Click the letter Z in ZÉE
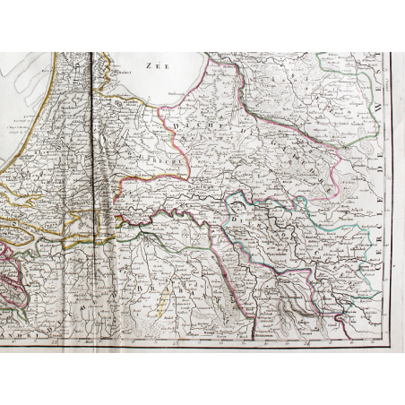tap(148, 65)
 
